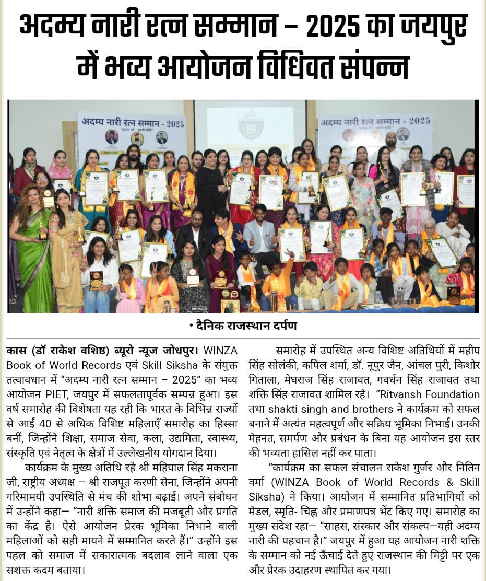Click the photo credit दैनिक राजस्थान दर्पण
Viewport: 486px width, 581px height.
pyautogui.click(x=243, y=325)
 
